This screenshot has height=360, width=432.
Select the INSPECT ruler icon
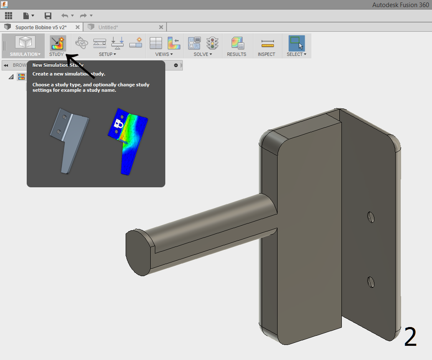tap(267, 43)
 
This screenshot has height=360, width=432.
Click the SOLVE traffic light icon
tap(213, 43)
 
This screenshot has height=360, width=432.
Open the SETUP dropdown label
tap(107, 54)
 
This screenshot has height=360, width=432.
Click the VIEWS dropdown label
tap(164, 54)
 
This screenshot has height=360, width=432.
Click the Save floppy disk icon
tap(48, 16)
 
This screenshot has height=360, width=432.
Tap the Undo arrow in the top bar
tap(65, 16)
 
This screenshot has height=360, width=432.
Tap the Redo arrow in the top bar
tap(83, 16)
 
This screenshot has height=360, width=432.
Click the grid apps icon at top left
tap(8, 16)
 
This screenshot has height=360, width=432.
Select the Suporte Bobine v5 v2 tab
tap(41, 27)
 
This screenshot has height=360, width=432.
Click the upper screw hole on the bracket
tap(370, 217)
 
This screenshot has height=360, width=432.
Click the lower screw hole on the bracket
tap(370, 282)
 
